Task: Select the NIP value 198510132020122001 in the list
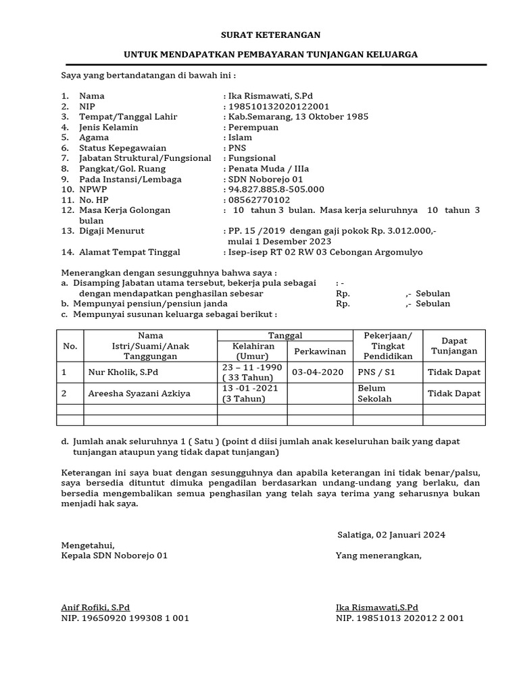(278, 106)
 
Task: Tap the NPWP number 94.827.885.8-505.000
(276, 189)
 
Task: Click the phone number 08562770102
(259, 200)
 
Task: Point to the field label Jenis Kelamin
(108, 127)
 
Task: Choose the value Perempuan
(252, 127)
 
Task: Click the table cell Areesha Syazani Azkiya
(139, 393)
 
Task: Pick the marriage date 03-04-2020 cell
(318, 372)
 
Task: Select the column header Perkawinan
(320, 351)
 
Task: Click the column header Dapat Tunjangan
(454, 346)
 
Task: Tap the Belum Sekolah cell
(372, 393)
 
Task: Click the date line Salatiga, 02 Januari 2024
(391, 535)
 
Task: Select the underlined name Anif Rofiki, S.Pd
(95, 607)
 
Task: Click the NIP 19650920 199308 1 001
(125, 618)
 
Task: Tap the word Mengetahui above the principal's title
(88, 545)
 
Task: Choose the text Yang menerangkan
(378, 555)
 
